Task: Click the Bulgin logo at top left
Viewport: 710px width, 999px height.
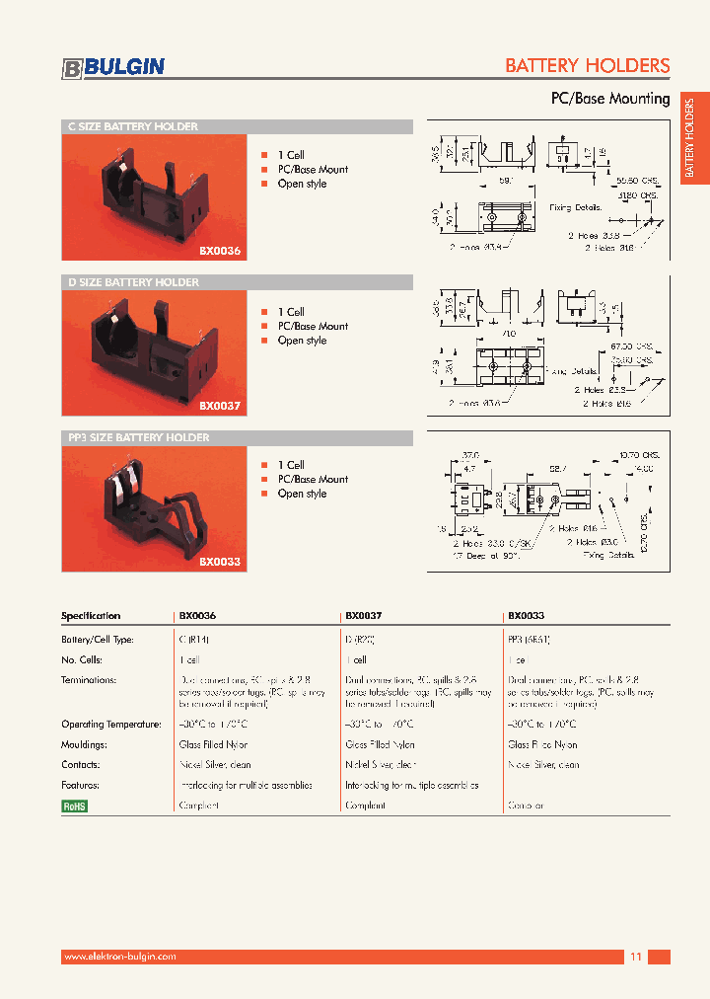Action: point(113,67)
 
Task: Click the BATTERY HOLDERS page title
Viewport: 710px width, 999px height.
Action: point(587,66)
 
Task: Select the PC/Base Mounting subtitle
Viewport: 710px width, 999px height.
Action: point(609,99)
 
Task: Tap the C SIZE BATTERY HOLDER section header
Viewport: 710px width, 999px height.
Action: point(132,126)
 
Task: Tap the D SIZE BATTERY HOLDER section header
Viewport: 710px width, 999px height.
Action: point(132,282)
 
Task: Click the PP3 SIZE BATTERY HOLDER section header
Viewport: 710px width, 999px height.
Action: point(138,437)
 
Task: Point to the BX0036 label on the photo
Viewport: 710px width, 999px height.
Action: point(219,252)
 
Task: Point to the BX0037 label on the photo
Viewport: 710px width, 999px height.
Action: point(219,406)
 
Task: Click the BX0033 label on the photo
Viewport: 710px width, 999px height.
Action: point(219,561)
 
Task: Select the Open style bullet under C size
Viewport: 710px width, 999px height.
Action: point(302,184)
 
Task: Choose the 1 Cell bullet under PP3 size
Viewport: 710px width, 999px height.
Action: point(291,465)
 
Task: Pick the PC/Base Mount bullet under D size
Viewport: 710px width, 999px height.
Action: point(313,326)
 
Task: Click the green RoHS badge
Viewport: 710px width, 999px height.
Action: point(75,806)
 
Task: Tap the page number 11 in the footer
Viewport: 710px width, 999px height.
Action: point(635,957)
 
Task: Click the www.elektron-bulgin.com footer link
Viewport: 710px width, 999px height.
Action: point(119,957)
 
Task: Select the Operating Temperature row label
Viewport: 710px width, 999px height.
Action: point(110,725)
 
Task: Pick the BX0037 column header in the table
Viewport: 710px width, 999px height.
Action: point(363,615)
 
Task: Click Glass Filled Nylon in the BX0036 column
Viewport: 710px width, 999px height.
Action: point(213,745)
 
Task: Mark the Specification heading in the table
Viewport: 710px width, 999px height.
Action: point(91,615)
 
